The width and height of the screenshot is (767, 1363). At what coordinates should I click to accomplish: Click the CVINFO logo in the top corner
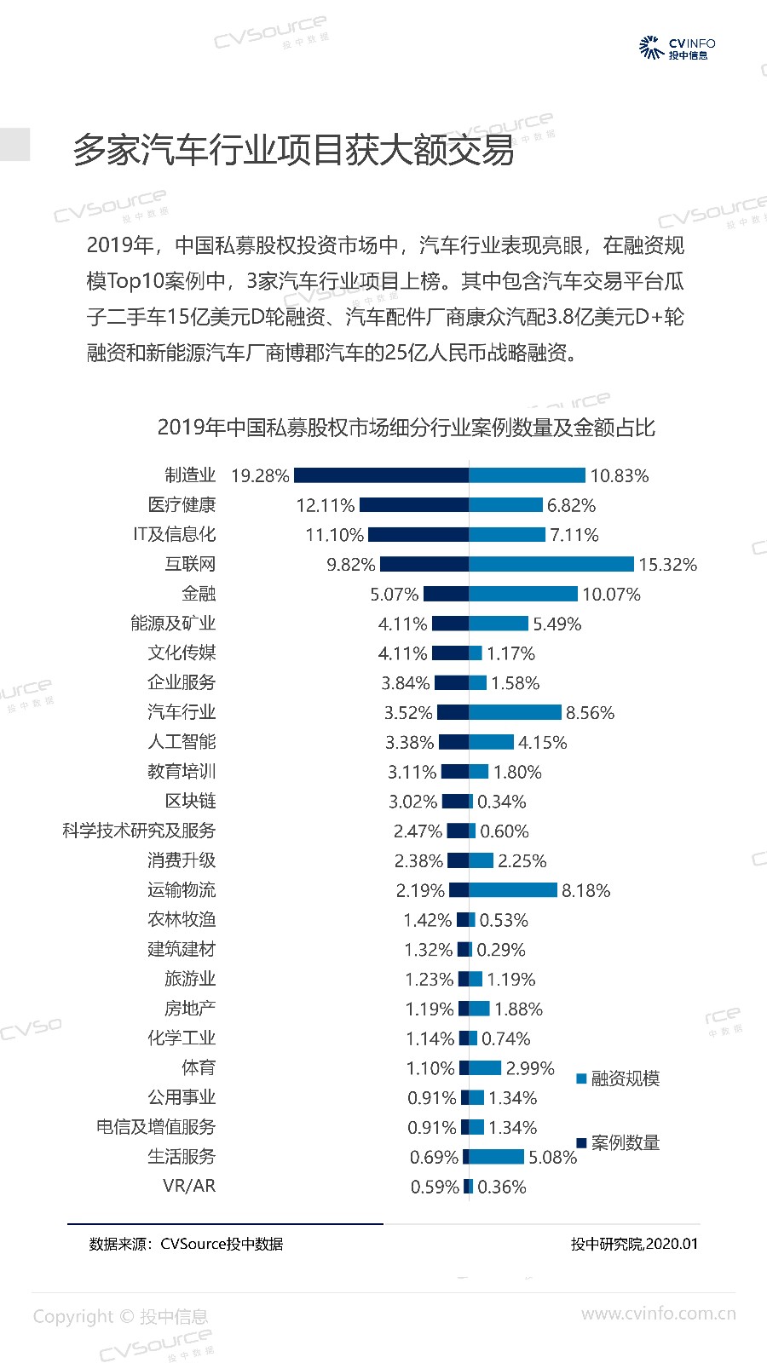point(678,48)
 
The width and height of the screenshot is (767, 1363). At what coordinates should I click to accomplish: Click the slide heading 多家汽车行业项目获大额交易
point(293,150)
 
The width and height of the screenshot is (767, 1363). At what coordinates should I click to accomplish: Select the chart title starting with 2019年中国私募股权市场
point(406,427)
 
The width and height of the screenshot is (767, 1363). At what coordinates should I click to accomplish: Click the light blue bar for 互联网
point(551,564)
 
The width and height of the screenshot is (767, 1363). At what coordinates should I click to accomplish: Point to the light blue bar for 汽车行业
point(515,712)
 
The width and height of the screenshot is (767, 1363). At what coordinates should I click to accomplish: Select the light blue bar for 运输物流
point(513,890)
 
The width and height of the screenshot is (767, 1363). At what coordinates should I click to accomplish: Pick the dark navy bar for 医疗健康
point(413,505)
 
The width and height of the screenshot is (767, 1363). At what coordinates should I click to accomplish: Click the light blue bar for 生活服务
point(496,1157)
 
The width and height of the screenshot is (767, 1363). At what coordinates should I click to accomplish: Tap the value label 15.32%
point(667,564)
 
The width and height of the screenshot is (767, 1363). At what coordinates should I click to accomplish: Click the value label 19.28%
point(260,475)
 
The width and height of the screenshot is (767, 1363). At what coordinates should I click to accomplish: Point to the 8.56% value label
point(590,712)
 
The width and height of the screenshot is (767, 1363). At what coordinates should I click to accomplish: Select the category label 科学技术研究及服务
point(139,831)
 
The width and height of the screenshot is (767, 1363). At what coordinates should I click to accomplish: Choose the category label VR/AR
point(189,1186)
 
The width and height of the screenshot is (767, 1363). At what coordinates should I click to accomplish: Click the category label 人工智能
point(182,742)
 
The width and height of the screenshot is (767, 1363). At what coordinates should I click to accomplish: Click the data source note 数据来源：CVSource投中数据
point(186,1244)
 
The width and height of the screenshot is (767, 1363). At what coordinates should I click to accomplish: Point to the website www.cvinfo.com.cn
point(658,1314)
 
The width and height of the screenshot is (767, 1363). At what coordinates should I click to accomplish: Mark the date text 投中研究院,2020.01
point(634,1244)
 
